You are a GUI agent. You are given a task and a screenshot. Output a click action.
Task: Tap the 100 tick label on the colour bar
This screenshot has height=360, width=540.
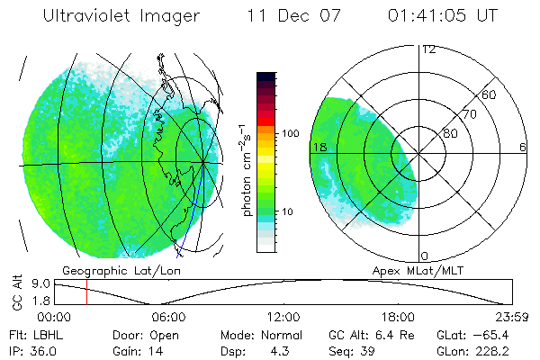point(290,133)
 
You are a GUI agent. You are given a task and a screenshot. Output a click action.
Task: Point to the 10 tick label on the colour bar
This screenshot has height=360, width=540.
point(290,212)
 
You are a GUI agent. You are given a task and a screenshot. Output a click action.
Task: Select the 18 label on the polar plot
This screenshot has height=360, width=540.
point(318,147)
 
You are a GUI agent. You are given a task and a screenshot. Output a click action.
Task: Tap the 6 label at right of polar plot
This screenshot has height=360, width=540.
point(522,147)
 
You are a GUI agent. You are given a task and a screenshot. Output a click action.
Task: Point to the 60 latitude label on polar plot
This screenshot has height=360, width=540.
point(490,94)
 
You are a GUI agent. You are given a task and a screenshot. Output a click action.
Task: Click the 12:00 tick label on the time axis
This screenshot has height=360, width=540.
point(283,317)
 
